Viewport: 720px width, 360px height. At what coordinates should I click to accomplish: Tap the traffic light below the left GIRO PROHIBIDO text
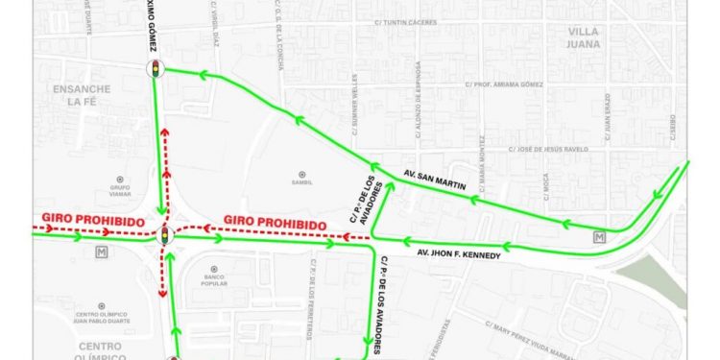(x=164, y=234)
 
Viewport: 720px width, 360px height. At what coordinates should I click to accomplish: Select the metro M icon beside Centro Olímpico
(x=102, y=252)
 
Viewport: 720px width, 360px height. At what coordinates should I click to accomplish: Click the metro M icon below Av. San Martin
(x=601, y=237)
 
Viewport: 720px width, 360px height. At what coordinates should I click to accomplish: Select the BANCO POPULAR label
(x=208, y=282)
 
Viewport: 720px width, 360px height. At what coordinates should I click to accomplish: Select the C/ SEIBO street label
(x=671, y=126)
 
